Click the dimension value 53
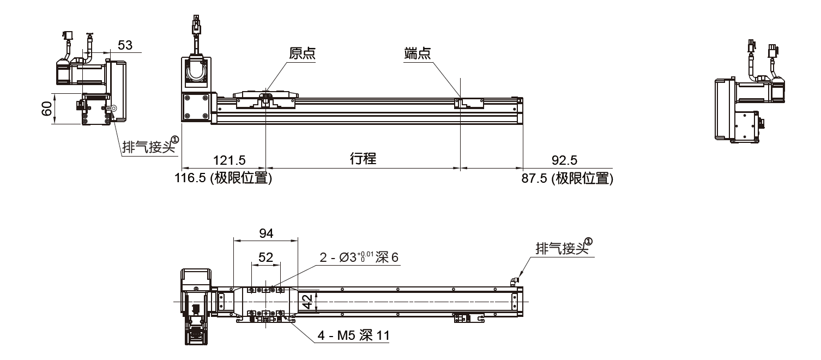click(125, 45)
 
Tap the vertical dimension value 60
click(47, 109)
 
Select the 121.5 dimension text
click(229, 160)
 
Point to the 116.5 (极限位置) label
click(223, 178)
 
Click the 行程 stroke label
click(363, 159)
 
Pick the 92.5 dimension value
click(564, 160)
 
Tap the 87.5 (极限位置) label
click(567, 178)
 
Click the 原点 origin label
click(303, 53)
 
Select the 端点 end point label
click(417, 53)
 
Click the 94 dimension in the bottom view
click(266, 233)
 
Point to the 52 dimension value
click(265, 257)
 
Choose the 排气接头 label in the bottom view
click(561, 249)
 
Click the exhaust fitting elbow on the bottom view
click(514, 281)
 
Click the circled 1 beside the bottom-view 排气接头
click(589, 242)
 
